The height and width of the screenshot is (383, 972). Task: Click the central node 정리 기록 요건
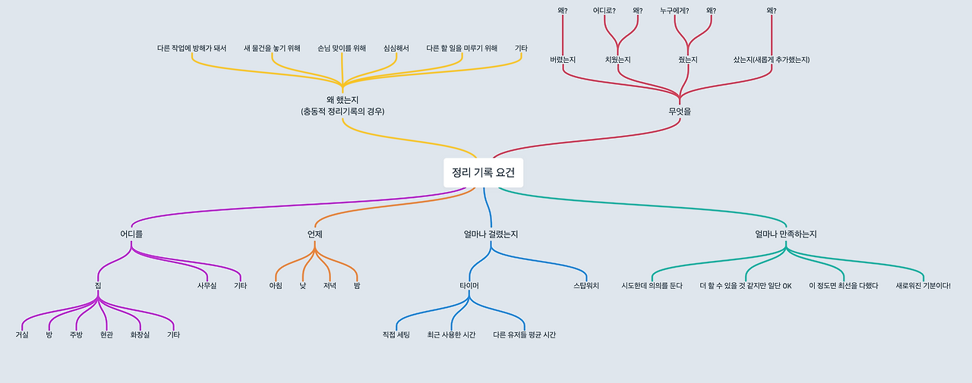[483, 172]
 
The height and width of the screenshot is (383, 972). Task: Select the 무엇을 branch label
[680, 111]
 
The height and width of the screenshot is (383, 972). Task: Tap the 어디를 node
[131, 234]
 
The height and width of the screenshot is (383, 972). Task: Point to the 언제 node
[315, 234]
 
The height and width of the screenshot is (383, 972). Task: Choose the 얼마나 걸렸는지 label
[491, 234]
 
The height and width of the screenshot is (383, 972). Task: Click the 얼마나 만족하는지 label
[786, 234]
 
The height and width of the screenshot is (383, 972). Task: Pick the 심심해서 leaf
[396, 48]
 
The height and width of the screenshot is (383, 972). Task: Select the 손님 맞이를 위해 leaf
[342, 48]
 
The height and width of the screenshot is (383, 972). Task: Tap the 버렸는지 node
[563, 59]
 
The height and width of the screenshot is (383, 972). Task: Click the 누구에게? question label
[674, 11]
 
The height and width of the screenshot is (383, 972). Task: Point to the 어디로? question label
[604, 11]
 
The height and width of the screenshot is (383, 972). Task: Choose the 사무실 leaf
[207, 285]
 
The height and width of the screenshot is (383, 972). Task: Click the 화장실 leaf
[140, 334]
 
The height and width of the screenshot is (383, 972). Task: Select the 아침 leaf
[276, 285]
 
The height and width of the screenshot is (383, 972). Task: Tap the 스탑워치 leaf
[586, 285]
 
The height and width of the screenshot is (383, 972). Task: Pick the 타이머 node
[469, 285]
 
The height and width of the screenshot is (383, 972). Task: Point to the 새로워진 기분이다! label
[923, 285]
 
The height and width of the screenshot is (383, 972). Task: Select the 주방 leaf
[76, 334]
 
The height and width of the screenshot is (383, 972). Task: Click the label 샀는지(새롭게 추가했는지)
[772, 59]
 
